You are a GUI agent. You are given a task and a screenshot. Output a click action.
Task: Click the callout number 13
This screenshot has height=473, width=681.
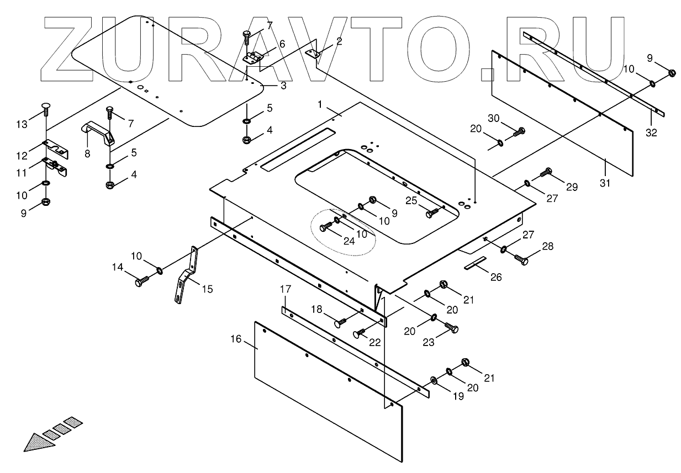tap(22, 125)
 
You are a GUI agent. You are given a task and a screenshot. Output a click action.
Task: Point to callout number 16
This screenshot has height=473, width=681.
tap(236, 339)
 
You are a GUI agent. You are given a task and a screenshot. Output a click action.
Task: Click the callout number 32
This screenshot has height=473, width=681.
tap(652, 132)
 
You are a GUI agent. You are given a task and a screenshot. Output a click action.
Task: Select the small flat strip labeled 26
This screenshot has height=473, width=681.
tap(475, 263)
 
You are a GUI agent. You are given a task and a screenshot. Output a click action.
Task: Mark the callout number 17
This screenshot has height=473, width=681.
tap(285, 289)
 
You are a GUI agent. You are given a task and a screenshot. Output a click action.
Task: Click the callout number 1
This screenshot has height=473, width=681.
tap(319, 104)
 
